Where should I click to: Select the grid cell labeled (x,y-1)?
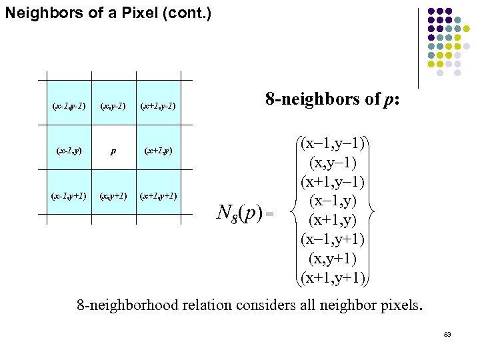(x=113, y=106)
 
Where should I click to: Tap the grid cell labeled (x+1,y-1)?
(x=158, y=106)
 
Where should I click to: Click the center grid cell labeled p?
(x=113, y=151)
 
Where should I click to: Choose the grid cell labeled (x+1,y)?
(x=158, y=151)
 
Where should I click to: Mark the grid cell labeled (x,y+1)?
(x=113, y=195)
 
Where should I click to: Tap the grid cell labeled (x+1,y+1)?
(x=158, y=195)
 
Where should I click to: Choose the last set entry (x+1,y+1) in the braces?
(x=333, y=277)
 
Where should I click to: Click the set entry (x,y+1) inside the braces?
(x=333, y=257)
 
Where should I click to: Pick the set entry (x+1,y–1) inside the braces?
(x=333, y=182)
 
